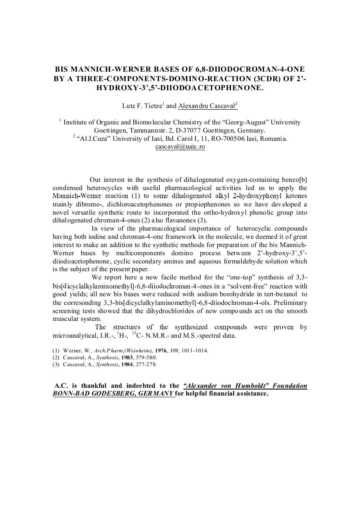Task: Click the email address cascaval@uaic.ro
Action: click(x=180, y=146)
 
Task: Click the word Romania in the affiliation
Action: click(x=273, y=139)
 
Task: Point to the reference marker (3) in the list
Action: click(x=56, y=364)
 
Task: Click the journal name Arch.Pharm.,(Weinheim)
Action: click(x=121, y=350)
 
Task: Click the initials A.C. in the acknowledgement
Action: click(x=62, y=386)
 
